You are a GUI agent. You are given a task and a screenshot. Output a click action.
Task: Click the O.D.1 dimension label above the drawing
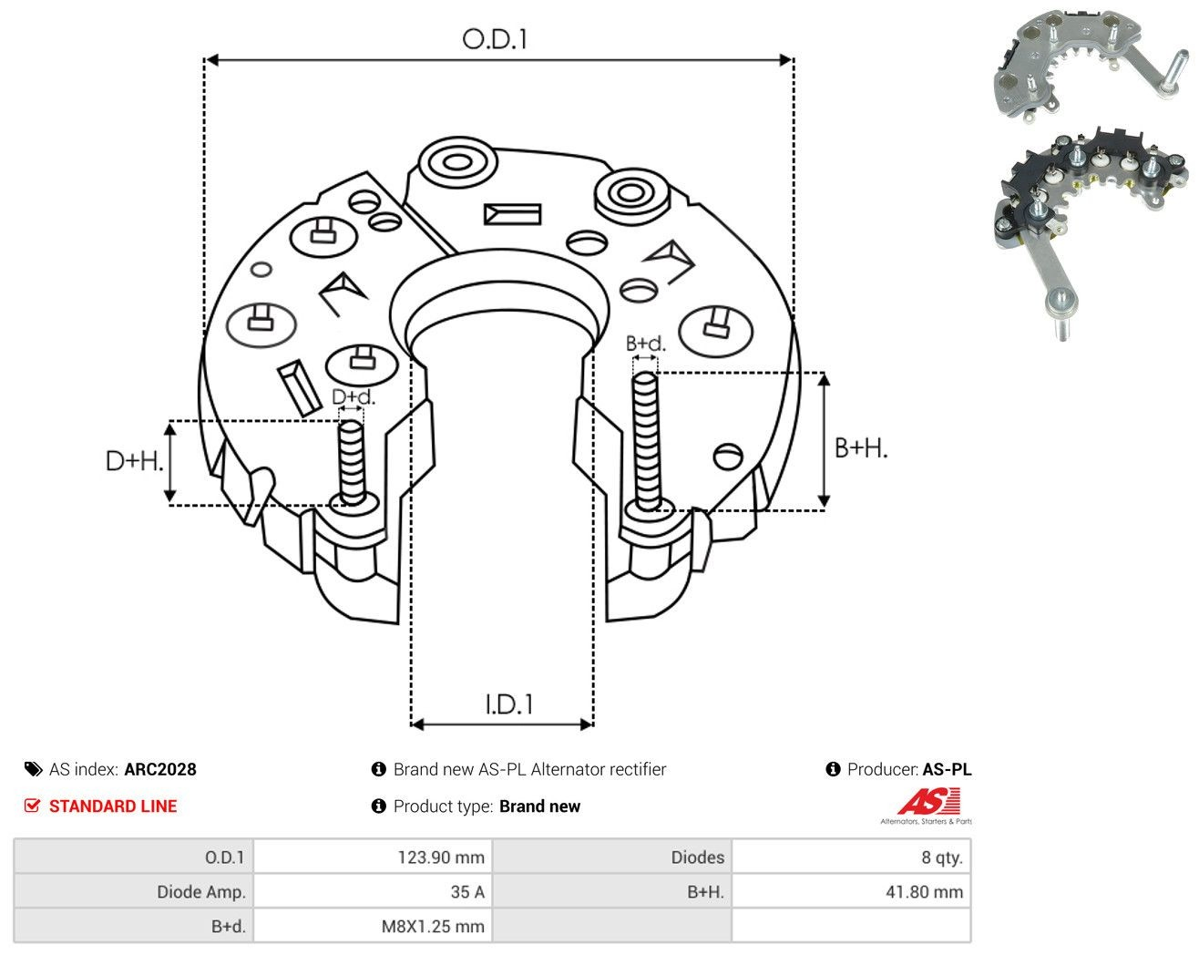pyautogui.click(x=494, y=39)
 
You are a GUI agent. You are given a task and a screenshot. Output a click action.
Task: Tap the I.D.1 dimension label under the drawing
pyautogui.click(x=509, y=704)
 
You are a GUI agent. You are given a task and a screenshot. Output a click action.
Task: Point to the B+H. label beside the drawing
pyautogui.click(x=860, y=448)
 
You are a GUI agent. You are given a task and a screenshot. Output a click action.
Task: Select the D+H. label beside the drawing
pyautogui.click(x=134, y=461)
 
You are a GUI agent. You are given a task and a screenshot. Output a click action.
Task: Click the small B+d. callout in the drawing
pyautogui.click(x=645, y=344)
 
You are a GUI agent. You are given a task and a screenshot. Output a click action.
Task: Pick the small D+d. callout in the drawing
pyautogui.click(x=354, y=396)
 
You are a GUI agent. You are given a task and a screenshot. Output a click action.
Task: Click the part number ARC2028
pyautogui.click(x=160, y=769)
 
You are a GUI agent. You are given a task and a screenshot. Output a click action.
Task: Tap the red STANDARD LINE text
pyautogui.click(x=113, y=806)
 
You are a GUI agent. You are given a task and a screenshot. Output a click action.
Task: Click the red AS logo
pyautogui.click(x=928, y=801)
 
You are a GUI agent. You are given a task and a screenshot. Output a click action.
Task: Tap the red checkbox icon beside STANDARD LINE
pyautogui.click(x=32, y=806)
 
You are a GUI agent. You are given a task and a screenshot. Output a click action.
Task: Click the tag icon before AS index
pyautogui.click(x=34, y=769)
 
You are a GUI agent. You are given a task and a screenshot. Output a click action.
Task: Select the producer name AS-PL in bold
pyautogui.click(x=948, y=769)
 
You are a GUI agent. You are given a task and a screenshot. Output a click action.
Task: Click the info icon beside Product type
pyautogui.click(x=378, y=806)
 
